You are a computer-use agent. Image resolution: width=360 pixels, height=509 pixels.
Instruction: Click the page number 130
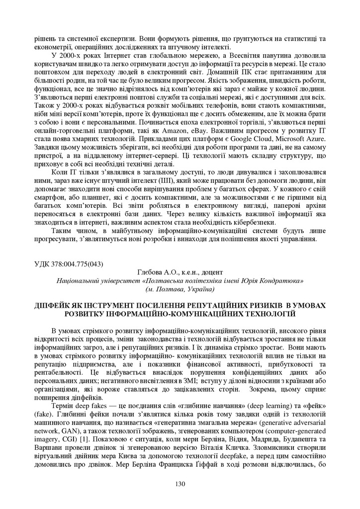point(180,484)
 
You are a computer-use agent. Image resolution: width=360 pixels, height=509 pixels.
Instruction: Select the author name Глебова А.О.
point(156,272)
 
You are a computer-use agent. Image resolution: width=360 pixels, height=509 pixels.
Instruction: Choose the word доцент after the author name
point(213,272)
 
